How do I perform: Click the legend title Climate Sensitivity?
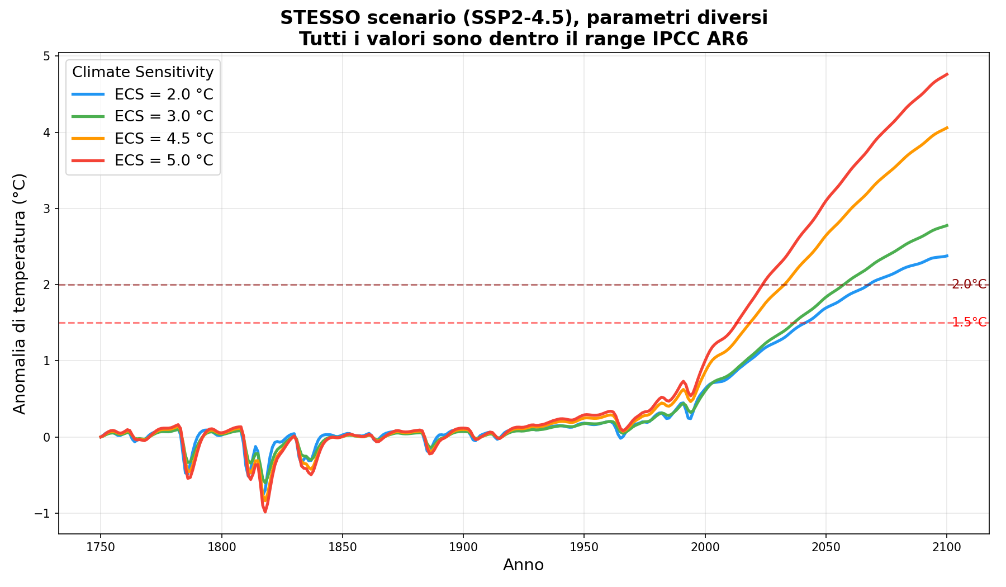point(143,72)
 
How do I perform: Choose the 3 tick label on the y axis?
point(48,209)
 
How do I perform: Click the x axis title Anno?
point(523,565)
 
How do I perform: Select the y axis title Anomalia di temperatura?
point(20,293)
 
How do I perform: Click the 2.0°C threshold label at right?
point(969,285)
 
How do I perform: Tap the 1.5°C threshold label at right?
point(969,323)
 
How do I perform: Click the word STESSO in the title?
point(312,18)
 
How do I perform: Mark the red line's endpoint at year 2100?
point(947,74)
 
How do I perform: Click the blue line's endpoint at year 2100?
point(947,255)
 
